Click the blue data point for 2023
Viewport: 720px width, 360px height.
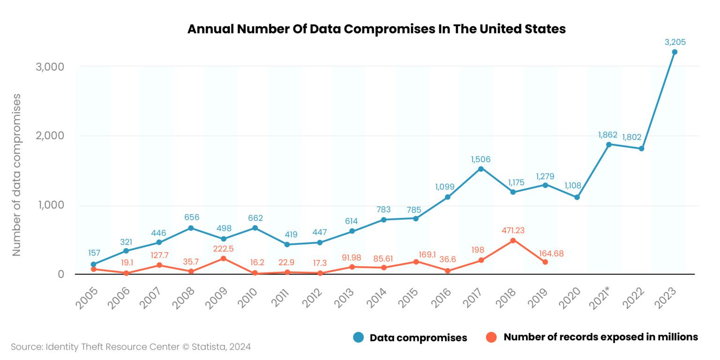click(x=674, y=52)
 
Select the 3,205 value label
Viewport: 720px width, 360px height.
click(x=675, y=42)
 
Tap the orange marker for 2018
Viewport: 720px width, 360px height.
click(x=513, y=240)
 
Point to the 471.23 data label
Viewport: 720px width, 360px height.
click(x=513, y=231)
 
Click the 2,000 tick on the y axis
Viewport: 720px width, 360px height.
click(x=50, y=135)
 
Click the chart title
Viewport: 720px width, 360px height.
click(x=376, y=29)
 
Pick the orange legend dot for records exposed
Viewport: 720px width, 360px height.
click(x=491, y=337)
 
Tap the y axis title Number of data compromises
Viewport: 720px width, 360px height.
click(x=17, y=174)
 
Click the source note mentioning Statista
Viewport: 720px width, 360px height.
click(x=131, y=347)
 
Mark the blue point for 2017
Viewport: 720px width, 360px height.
click(x=480, y=169)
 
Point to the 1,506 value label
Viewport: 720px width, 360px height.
click(x=480, y=159)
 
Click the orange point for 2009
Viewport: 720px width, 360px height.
click(x=223, y=258)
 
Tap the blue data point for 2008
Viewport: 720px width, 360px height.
click(x=191, y=228)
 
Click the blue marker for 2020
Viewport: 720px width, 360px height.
click(x=577, y=197)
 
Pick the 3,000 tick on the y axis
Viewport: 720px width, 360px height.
click(x=50, y=67)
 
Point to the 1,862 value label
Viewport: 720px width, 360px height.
click(x=607, y=135)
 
